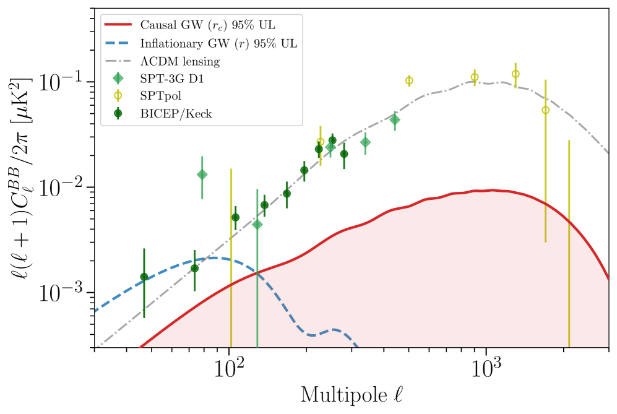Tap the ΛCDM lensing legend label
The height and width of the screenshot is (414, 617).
(180, 61)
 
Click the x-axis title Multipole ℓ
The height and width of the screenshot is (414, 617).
(353, 394)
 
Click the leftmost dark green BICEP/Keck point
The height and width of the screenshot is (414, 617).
(144, 277)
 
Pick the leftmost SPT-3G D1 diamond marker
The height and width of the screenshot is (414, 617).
(202, 175)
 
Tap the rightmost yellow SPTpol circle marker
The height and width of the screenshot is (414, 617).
(545, 110)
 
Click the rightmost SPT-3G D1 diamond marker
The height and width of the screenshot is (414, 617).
(395, 119)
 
